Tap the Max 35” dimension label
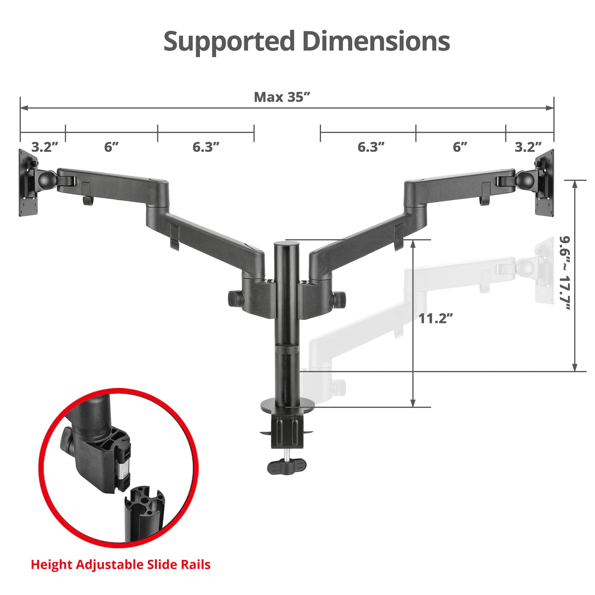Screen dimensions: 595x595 pos(281,97)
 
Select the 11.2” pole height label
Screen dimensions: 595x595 pos(436,319)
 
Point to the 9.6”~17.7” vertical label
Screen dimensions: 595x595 pos(565,273)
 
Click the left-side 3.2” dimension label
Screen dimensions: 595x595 pos(45,147)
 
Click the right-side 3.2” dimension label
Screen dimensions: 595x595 pos(528,147)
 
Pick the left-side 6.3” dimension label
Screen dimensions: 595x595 pos(206,147)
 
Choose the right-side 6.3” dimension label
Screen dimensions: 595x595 pos(371,147)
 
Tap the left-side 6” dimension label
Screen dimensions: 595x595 pos(111,147)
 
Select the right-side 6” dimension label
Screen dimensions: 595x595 pos(460,147)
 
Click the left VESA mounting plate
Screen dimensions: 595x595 pos(28,183)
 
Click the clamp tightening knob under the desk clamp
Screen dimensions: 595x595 pos(287,467)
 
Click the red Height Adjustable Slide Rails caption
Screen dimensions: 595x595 pos(120,565)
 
